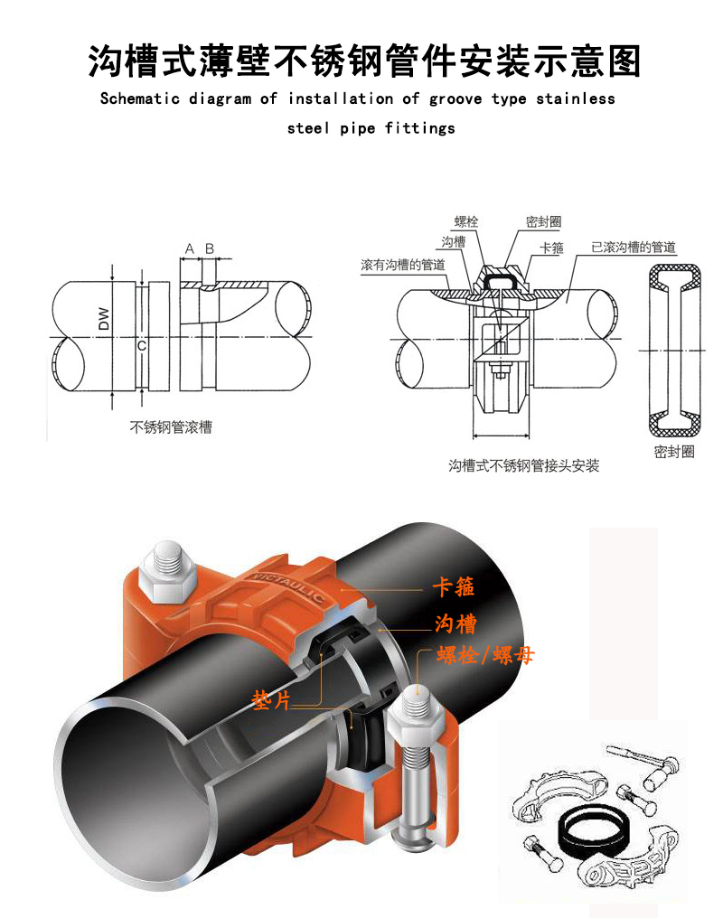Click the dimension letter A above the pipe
click(x=190, y=248)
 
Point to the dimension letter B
click(x=210, y=248)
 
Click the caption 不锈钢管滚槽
click(x=171, y=427)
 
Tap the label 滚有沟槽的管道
click(x=402, y=265)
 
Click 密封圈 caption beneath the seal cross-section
click(x=674, y=452)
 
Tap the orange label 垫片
click(x=271, y=699)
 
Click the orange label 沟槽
click(x=455, y=623)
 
